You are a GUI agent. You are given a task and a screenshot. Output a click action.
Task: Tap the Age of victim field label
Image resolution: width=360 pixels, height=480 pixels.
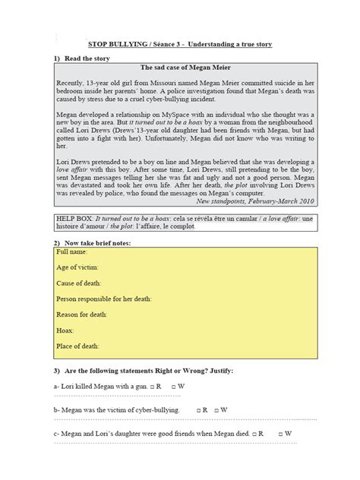(x=77, y=267)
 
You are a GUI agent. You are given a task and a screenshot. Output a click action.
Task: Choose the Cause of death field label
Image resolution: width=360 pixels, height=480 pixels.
(x=79, y=283)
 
